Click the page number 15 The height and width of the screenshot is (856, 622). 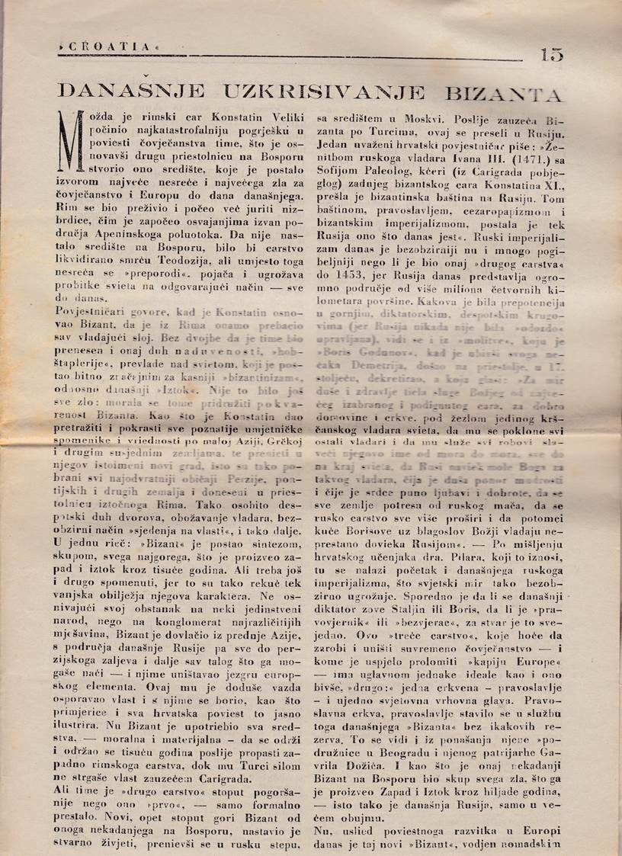point(552,55)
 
